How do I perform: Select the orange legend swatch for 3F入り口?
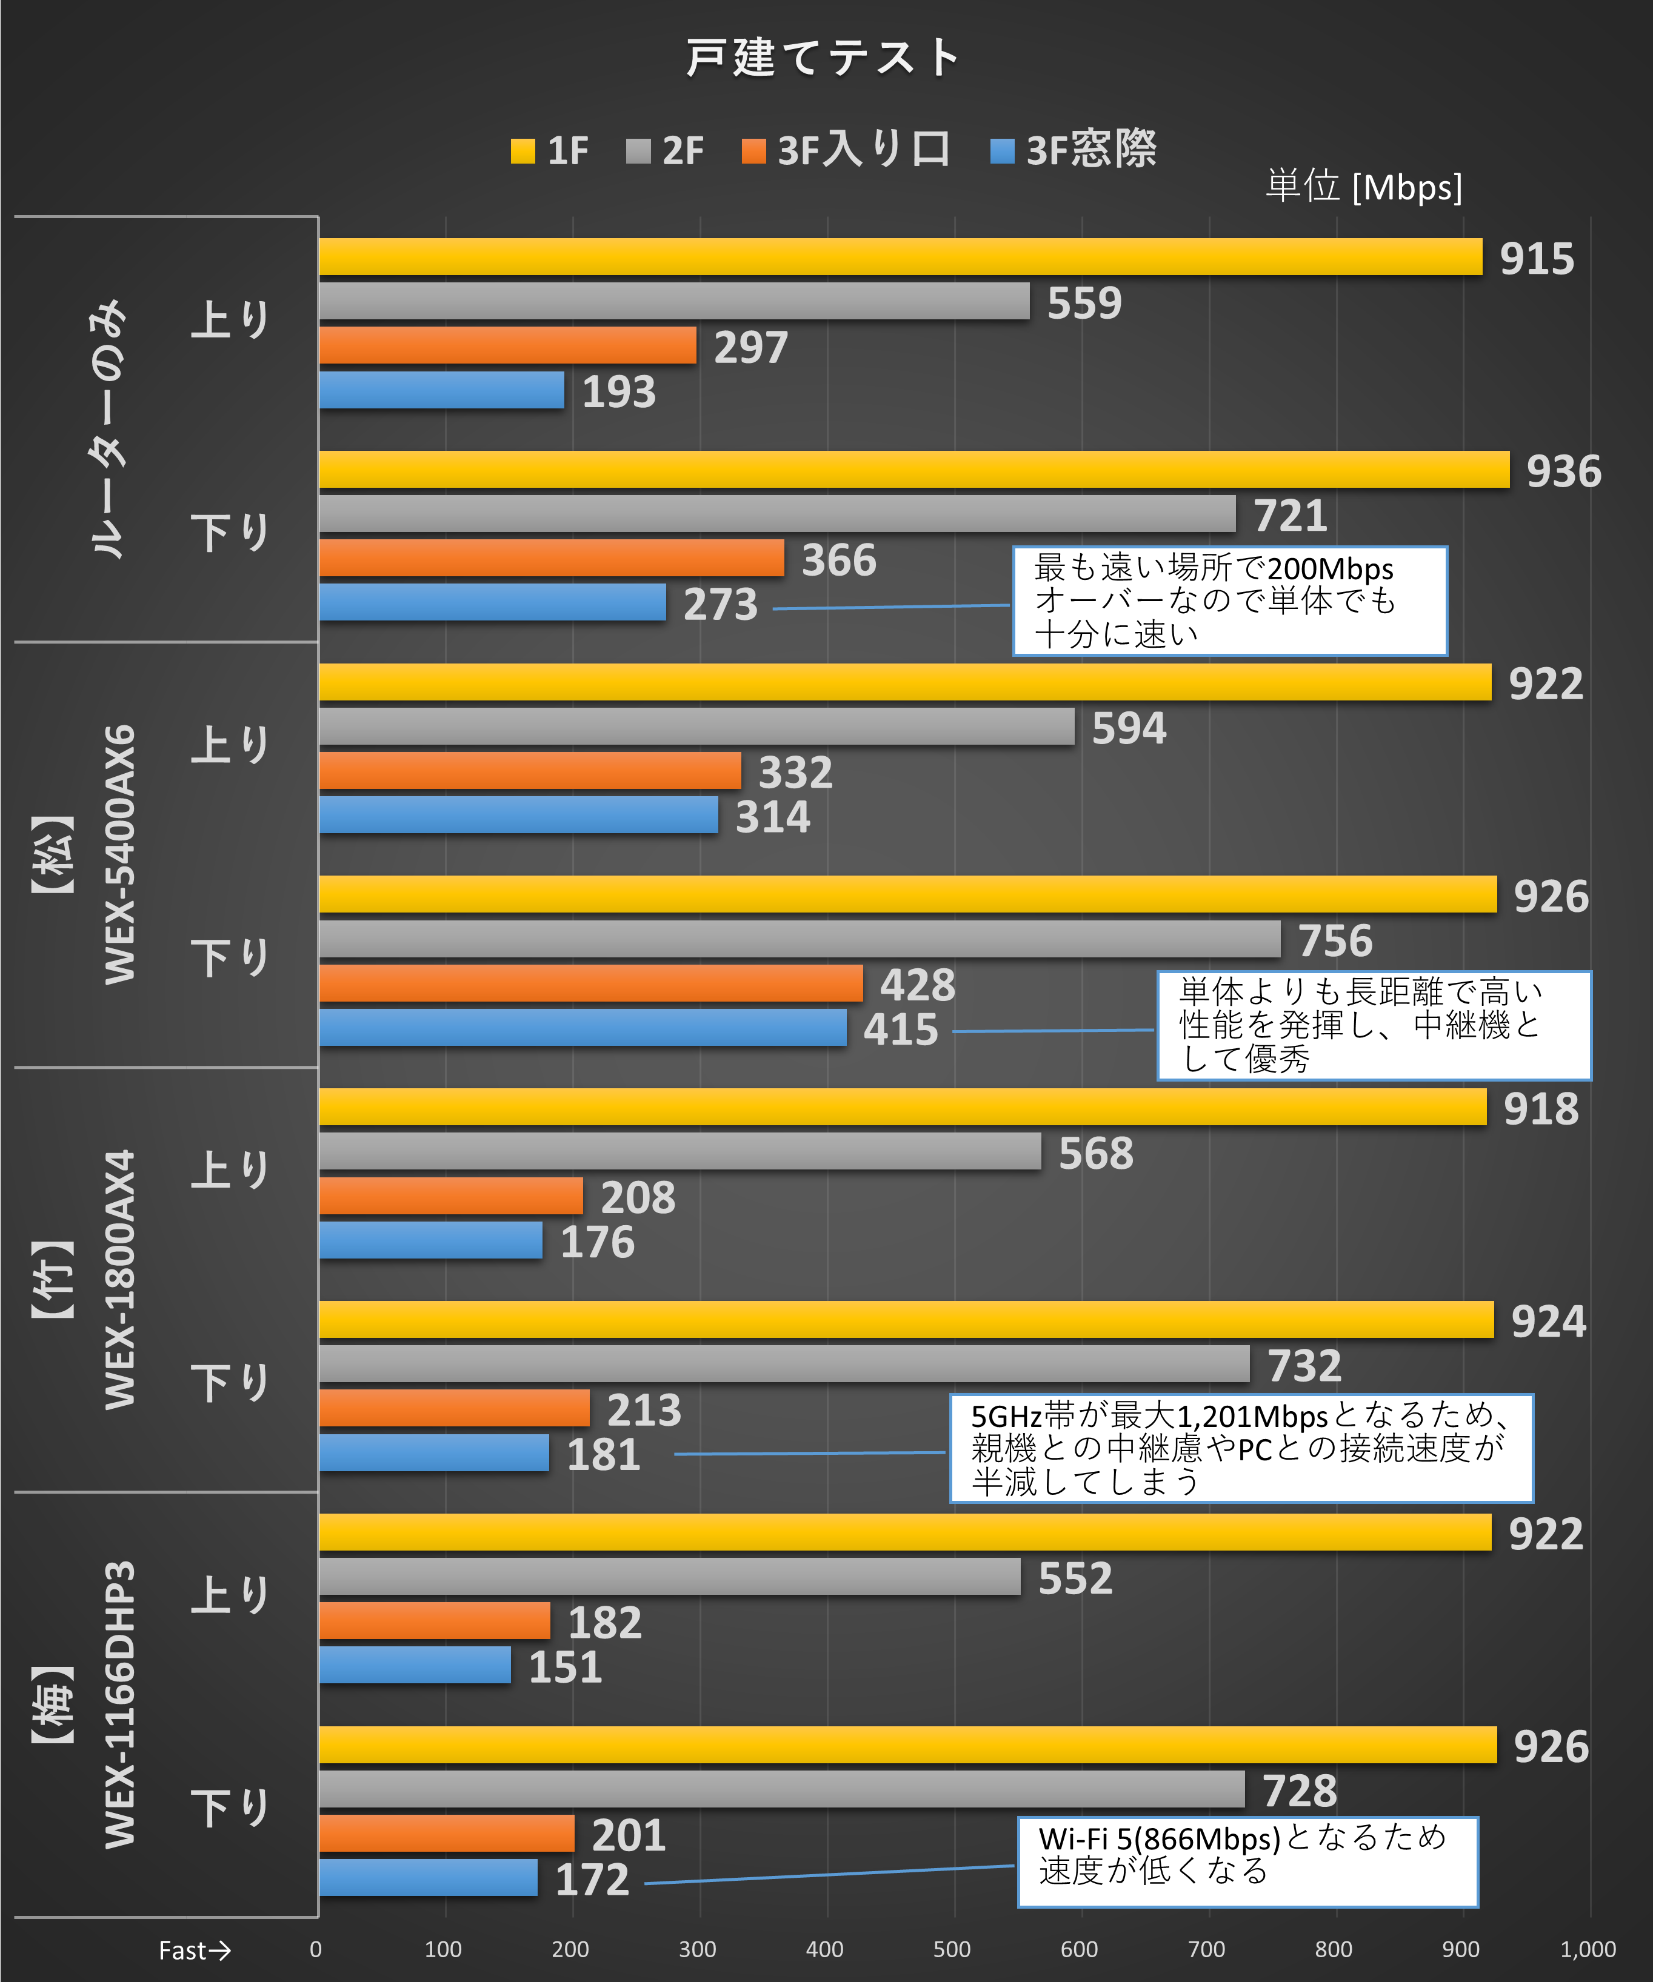coord(753,151)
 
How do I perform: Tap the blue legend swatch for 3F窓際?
coord(1001,151)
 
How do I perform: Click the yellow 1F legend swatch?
coord(522,151)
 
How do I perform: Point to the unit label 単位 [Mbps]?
coord(1363,187)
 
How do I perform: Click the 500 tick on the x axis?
coord(952,1949)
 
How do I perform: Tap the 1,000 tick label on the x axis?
coord(1588,1949)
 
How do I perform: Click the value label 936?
coord(1563,471)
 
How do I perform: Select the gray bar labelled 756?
coord(799,939)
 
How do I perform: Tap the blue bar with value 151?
coord(415,1665)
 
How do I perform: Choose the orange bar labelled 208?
coord(450,1196)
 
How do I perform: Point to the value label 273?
coord(720,604)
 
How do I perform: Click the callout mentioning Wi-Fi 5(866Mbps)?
coord(1247,1861)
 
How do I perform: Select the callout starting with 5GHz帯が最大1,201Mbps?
coord(1240,1448)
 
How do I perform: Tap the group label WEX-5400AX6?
coord(121,854)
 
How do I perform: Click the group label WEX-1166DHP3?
coord(121,1704)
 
